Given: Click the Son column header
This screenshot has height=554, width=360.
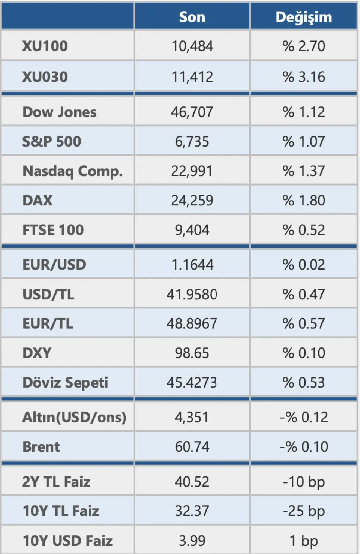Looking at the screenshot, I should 192,17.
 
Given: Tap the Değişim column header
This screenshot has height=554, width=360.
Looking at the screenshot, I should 304,17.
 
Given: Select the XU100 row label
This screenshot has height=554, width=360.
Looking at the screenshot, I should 45,46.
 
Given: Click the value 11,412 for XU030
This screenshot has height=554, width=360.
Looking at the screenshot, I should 192,77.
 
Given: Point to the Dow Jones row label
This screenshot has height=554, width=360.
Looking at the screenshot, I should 60,112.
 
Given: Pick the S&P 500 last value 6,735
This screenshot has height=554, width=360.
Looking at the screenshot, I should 192,142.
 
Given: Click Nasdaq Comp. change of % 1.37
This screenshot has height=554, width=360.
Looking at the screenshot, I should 304,171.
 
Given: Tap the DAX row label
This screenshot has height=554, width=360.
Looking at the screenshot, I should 37,201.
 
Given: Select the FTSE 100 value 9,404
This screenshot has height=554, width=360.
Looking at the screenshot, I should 192,230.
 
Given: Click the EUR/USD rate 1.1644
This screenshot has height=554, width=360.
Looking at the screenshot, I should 192,265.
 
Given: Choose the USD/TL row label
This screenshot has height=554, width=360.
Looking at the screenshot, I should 48,294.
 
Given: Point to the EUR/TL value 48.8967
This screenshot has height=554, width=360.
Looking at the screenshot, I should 192,323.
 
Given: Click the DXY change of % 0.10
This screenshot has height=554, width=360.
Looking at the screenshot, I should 304,353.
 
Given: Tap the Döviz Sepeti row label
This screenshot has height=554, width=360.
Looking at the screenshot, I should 65,382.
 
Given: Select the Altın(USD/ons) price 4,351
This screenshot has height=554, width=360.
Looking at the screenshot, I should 192,417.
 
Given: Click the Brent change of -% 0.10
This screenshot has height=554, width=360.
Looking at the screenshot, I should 304,447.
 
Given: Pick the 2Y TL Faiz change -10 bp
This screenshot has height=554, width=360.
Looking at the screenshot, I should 304,482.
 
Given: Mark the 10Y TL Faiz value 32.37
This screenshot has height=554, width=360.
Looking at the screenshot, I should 192,511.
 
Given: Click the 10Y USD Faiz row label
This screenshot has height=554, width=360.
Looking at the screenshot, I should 67,541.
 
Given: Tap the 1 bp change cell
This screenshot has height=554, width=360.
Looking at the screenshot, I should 304,541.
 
